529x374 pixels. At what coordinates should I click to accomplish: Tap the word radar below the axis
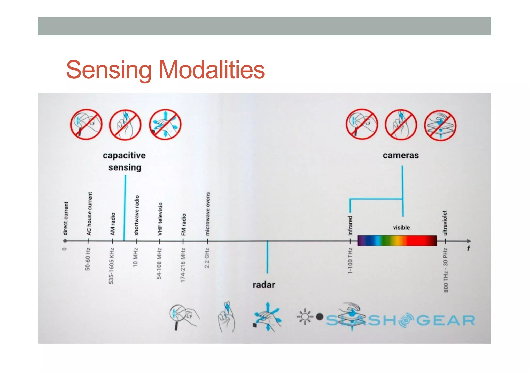click(263, 285)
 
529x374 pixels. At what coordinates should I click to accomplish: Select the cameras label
click(401, 155)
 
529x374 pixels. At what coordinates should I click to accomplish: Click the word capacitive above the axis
click(124, 155)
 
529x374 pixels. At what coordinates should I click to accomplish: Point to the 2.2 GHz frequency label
click(207, 258)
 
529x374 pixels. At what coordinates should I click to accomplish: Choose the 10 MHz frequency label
click(135, 257)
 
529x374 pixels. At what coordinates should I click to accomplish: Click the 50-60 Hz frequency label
click(88, 259)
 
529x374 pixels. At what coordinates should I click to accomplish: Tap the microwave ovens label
click(208, 214)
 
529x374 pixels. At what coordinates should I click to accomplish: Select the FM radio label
click(183, 225)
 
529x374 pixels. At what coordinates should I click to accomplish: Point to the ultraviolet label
click(445, 223)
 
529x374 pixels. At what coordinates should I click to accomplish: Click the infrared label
click(350, 226)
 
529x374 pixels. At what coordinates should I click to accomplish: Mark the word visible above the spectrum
click(401, 228)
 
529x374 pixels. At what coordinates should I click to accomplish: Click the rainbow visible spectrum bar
click(397, 241)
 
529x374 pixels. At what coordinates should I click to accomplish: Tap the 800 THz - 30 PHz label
click(446, 270)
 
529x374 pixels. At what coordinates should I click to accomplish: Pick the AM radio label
click(113, 224)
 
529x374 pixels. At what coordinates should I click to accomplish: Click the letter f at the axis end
click(468, 248)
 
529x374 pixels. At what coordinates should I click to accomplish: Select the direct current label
click(66, 218)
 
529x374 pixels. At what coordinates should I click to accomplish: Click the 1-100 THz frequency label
click(350, 261)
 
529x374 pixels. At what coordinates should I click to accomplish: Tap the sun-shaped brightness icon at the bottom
click(305, 316)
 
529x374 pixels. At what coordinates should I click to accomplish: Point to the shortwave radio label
click(137, 215)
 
